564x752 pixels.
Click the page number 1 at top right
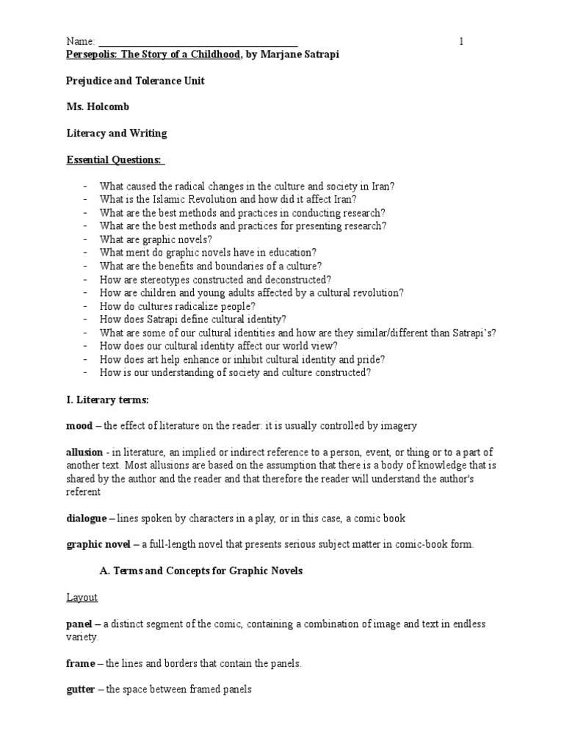461,42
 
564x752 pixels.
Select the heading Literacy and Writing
117,133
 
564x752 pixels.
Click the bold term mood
79,426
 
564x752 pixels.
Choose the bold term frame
81,663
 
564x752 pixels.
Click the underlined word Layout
82,597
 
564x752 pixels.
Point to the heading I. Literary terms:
107,399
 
